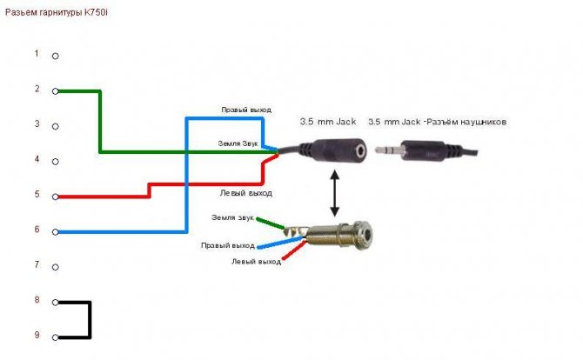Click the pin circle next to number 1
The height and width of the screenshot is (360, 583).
pos(56,56)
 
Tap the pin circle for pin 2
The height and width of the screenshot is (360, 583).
pos(56,90)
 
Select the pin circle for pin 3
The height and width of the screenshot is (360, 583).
pos(56,126)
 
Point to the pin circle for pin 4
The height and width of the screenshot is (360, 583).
pos(56,162)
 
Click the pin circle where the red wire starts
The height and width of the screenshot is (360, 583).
pos(56,197)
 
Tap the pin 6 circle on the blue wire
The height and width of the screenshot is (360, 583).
pos(56,232)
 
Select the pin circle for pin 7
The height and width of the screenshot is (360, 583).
pos(56,267)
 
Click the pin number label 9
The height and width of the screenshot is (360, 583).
pos(37,335)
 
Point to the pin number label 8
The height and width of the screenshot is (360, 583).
pos(37,300)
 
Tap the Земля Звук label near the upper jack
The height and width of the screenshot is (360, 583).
pos(236,141)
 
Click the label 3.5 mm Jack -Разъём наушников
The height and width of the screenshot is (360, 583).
pos(437,122)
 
